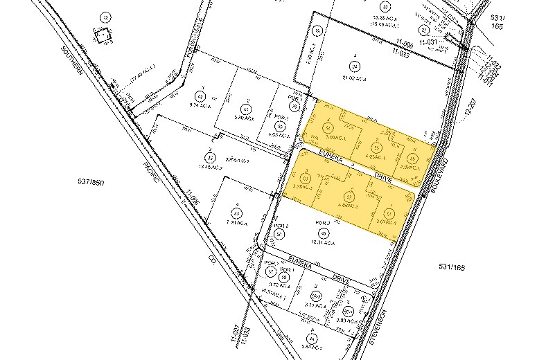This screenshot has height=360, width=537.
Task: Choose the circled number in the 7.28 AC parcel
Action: pos(237,214)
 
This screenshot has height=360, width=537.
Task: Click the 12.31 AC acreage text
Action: pos(324,243)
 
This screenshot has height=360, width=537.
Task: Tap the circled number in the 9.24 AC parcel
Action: pos(202,96)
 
